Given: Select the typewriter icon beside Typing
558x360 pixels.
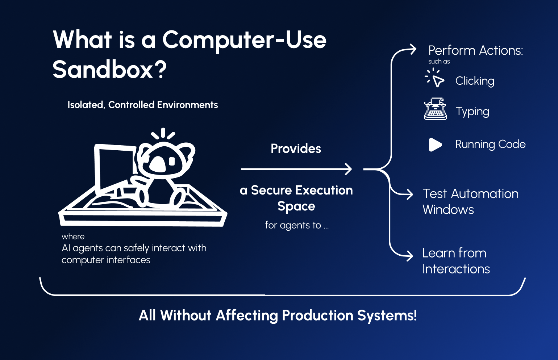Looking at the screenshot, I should pos(435,109).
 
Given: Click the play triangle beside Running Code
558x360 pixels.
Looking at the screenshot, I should pos(435,145).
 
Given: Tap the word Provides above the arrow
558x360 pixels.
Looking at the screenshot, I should pos(296,148).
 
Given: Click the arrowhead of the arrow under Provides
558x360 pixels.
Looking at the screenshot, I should pos(349,169).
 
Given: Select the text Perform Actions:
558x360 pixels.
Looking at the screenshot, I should pos(475,50).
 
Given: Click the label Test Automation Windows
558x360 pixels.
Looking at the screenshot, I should pos(470,202).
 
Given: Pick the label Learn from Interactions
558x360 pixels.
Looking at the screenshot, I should pos(456,261).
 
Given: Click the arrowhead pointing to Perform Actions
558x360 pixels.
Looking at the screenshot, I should pos(413,49).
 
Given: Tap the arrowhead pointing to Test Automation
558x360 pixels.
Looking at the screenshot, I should pos(410,194).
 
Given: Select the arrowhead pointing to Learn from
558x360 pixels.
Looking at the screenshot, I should pos(410,256).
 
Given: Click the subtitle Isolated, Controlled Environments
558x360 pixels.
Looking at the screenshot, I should pos(142,105).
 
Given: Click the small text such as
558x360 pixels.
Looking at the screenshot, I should pos(439,62).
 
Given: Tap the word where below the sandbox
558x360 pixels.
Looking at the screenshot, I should pos(73,236).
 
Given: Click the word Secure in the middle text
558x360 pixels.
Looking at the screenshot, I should pos(271,190).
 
